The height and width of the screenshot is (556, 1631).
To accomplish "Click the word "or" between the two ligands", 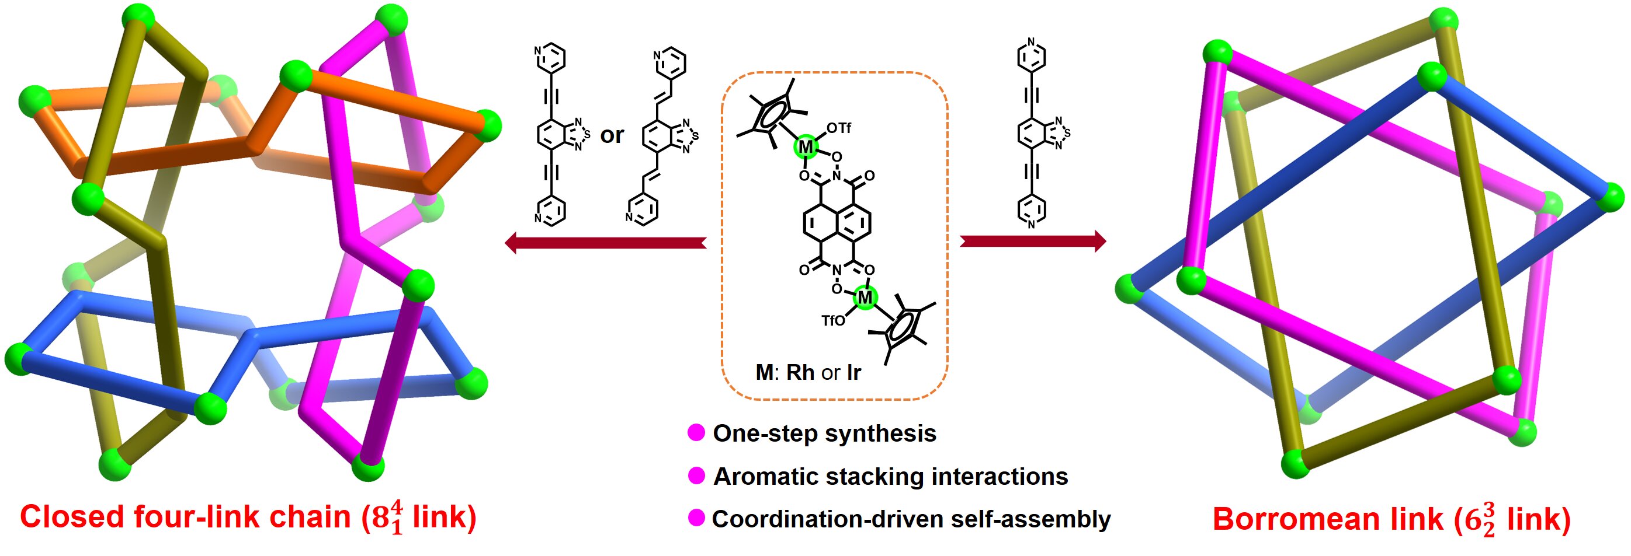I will coord(612,135).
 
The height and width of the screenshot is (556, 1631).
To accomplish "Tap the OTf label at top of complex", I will coord(839,128).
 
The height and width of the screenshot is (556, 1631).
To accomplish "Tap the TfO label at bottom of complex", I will coord(833,320).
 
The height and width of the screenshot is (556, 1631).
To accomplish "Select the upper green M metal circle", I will coord(806,147).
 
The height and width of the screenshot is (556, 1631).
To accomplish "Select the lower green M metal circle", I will coord(864,296).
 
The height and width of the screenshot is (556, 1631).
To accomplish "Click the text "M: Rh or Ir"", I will coord(808,372).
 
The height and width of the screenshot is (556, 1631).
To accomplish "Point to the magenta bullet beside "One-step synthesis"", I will coord(696,433).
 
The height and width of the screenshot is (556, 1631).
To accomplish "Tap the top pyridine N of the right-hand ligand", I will coord(1032,43).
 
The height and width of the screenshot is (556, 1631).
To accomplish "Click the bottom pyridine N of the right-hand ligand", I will coord(1032,224).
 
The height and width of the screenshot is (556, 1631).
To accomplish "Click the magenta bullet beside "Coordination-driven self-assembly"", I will coord(696,518).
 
